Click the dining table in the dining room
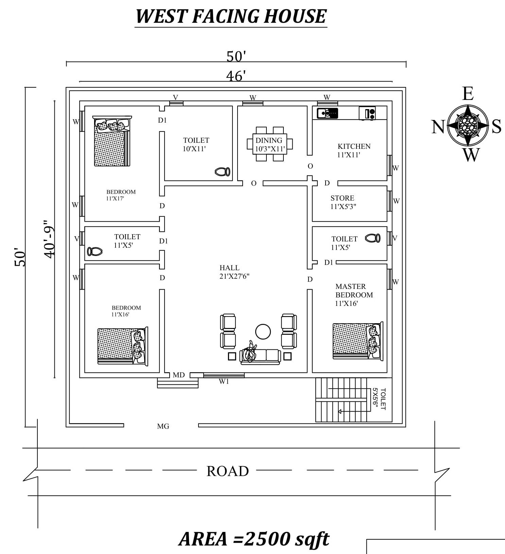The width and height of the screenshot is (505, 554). (x=269, y=144)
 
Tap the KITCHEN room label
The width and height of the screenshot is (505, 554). (x=354, y=146)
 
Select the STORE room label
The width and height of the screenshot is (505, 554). (x=342, y=198)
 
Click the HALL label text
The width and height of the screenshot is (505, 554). (x=229, y=268)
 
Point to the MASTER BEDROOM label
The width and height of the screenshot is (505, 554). (x=354, y=291)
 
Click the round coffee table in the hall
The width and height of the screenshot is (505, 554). (x=263, y=331)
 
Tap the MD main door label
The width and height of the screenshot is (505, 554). (x=178, y=375)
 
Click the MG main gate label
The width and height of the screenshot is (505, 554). (x=163, y=426)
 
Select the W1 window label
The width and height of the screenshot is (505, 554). (x=224, y=381)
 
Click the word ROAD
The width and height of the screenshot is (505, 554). (x=228, y=471)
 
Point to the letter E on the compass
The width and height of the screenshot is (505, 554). (x=468, y=93)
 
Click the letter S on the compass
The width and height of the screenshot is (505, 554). (x=497, y=126)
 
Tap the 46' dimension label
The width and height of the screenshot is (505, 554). (x=236, y=76)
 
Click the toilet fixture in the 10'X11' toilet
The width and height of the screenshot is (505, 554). (x=223, y=172)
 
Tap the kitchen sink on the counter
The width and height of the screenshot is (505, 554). (x=327, y=113)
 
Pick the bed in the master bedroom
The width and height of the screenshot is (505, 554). (x=358, y=341)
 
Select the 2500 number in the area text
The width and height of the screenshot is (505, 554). (x=265, y=539)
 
